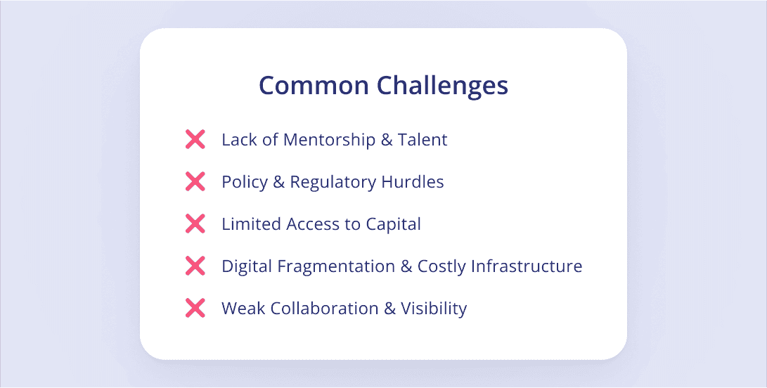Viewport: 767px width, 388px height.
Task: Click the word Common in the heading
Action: coord(314,86)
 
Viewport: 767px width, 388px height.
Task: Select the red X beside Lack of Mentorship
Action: coord(195,139)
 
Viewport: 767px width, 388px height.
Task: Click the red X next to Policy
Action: coord(195,181)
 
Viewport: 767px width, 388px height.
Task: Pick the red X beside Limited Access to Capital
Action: coord(195,224)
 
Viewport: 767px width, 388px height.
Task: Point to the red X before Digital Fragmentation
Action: coord(195,266)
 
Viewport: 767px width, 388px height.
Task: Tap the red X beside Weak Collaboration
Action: coord(195,309)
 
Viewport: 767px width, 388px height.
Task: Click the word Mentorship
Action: coord(329,141)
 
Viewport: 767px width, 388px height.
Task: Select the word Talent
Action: coord(422,140)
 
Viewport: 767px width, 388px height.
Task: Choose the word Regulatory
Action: coord(333,183)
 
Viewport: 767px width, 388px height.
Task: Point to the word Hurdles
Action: coord(413,182)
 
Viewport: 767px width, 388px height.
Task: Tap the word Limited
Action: coord(251,224)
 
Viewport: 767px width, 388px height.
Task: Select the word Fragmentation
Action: coord(336,266)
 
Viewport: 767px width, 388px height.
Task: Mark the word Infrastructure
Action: coord(527,266)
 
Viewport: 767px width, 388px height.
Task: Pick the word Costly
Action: coord(441,267)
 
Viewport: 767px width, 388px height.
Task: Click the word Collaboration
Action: coord(324,309)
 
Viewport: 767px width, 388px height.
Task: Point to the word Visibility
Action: coord(434,309)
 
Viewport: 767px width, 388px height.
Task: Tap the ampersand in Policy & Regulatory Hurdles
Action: coord(279,182)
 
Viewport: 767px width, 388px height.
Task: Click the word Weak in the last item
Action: coord(244,309)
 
